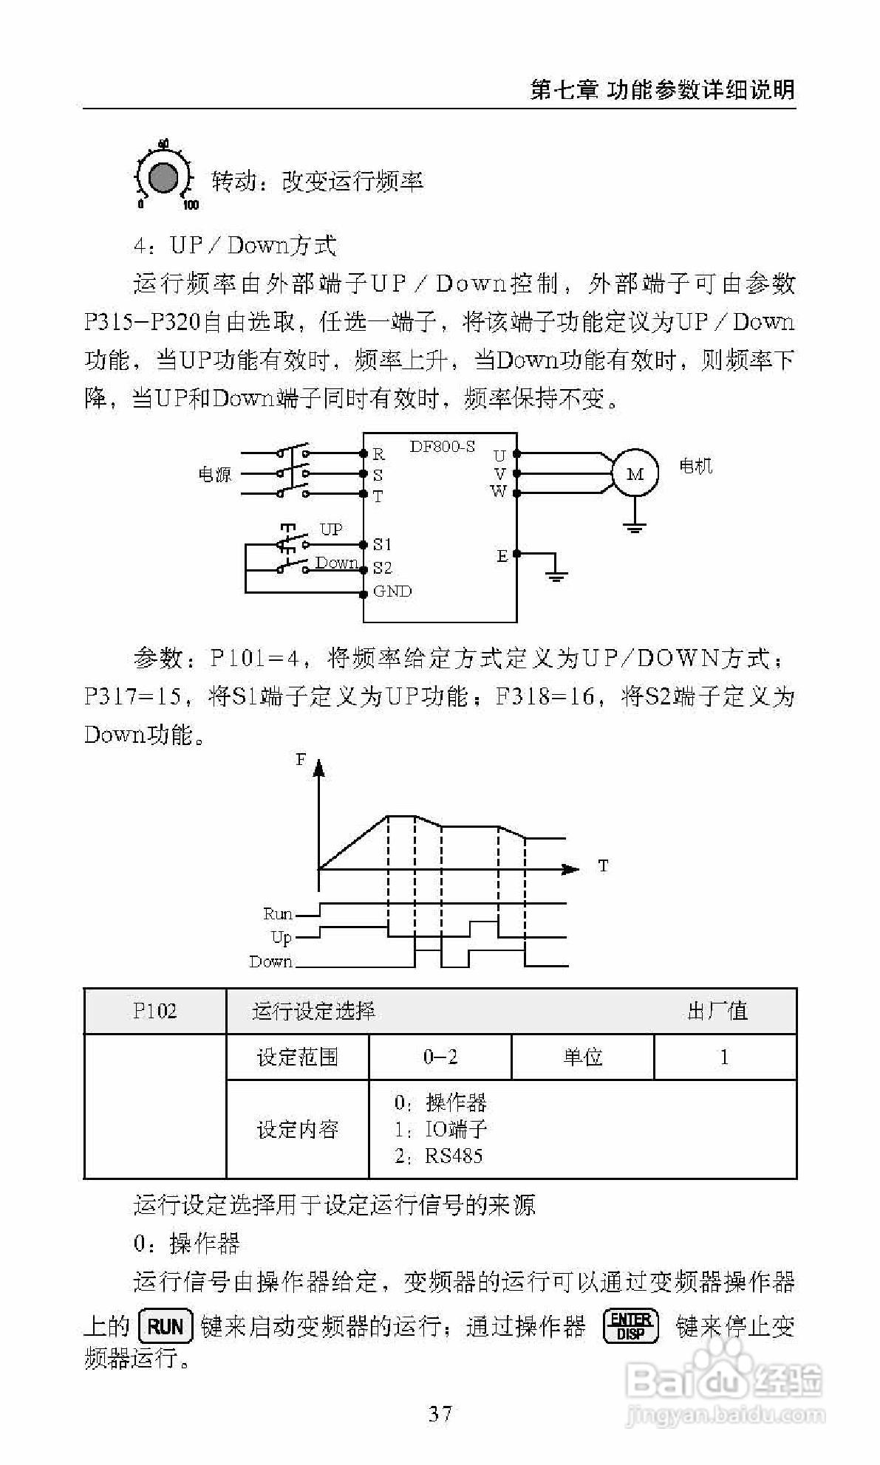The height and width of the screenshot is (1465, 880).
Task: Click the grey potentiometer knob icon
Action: (163, 177)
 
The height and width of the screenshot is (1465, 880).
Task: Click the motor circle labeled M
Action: (635, 474)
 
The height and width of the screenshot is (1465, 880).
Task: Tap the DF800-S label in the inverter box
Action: (442, 447)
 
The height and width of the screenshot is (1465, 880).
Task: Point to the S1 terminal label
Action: (382, 545)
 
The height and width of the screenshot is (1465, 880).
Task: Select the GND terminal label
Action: (392, 591)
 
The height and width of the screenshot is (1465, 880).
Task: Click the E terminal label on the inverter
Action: (502, 556)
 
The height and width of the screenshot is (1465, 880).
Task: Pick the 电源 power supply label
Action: (214, 475)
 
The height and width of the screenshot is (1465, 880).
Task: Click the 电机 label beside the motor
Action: (695, 466)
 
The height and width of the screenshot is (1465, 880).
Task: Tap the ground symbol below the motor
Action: (635, 526)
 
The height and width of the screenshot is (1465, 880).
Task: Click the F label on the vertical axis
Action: (301, 759)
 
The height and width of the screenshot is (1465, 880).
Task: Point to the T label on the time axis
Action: (603, 865)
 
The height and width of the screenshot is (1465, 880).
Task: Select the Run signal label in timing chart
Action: (278, 914)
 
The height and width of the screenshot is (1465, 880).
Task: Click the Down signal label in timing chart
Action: (270, 961)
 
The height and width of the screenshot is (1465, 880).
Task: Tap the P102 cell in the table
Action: (155, 1011)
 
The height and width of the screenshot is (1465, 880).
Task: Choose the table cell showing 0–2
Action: (440, 1057)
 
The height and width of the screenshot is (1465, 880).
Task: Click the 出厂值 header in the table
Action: (717, 1011)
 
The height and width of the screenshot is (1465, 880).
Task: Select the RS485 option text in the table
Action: (453, 1156)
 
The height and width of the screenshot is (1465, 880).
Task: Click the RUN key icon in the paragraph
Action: (166, 1327)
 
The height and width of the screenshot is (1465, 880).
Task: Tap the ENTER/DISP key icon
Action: (630, 1326)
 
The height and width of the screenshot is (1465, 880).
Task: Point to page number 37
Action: (440, 1414)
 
